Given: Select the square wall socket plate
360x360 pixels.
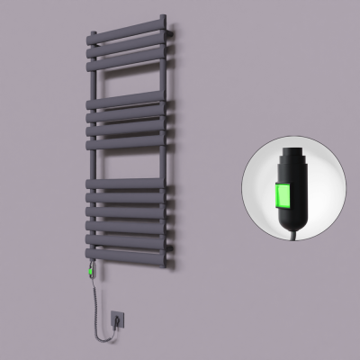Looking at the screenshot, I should click(x=118, y=318).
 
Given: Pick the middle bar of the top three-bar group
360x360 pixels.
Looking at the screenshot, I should click(x=126, y=45).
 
